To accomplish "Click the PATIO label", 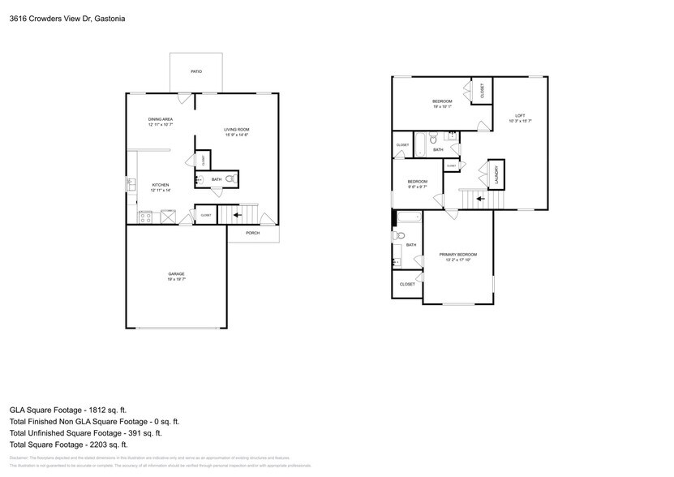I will point(196,72).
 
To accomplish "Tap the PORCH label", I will point(252,233).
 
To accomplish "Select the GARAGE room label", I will point(176,274).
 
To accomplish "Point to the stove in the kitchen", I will point(146,216).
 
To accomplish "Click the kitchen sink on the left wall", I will point(130,186).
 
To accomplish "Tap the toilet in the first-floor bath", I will point(230,178).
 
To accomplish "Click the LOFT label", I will point(520,115).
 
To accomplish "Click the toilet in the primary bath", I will point(398,236).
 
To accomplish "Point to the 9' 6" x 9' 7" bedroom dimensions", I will point(417,187).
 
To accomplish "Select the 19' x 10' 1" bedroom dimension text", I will point(443,105).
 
